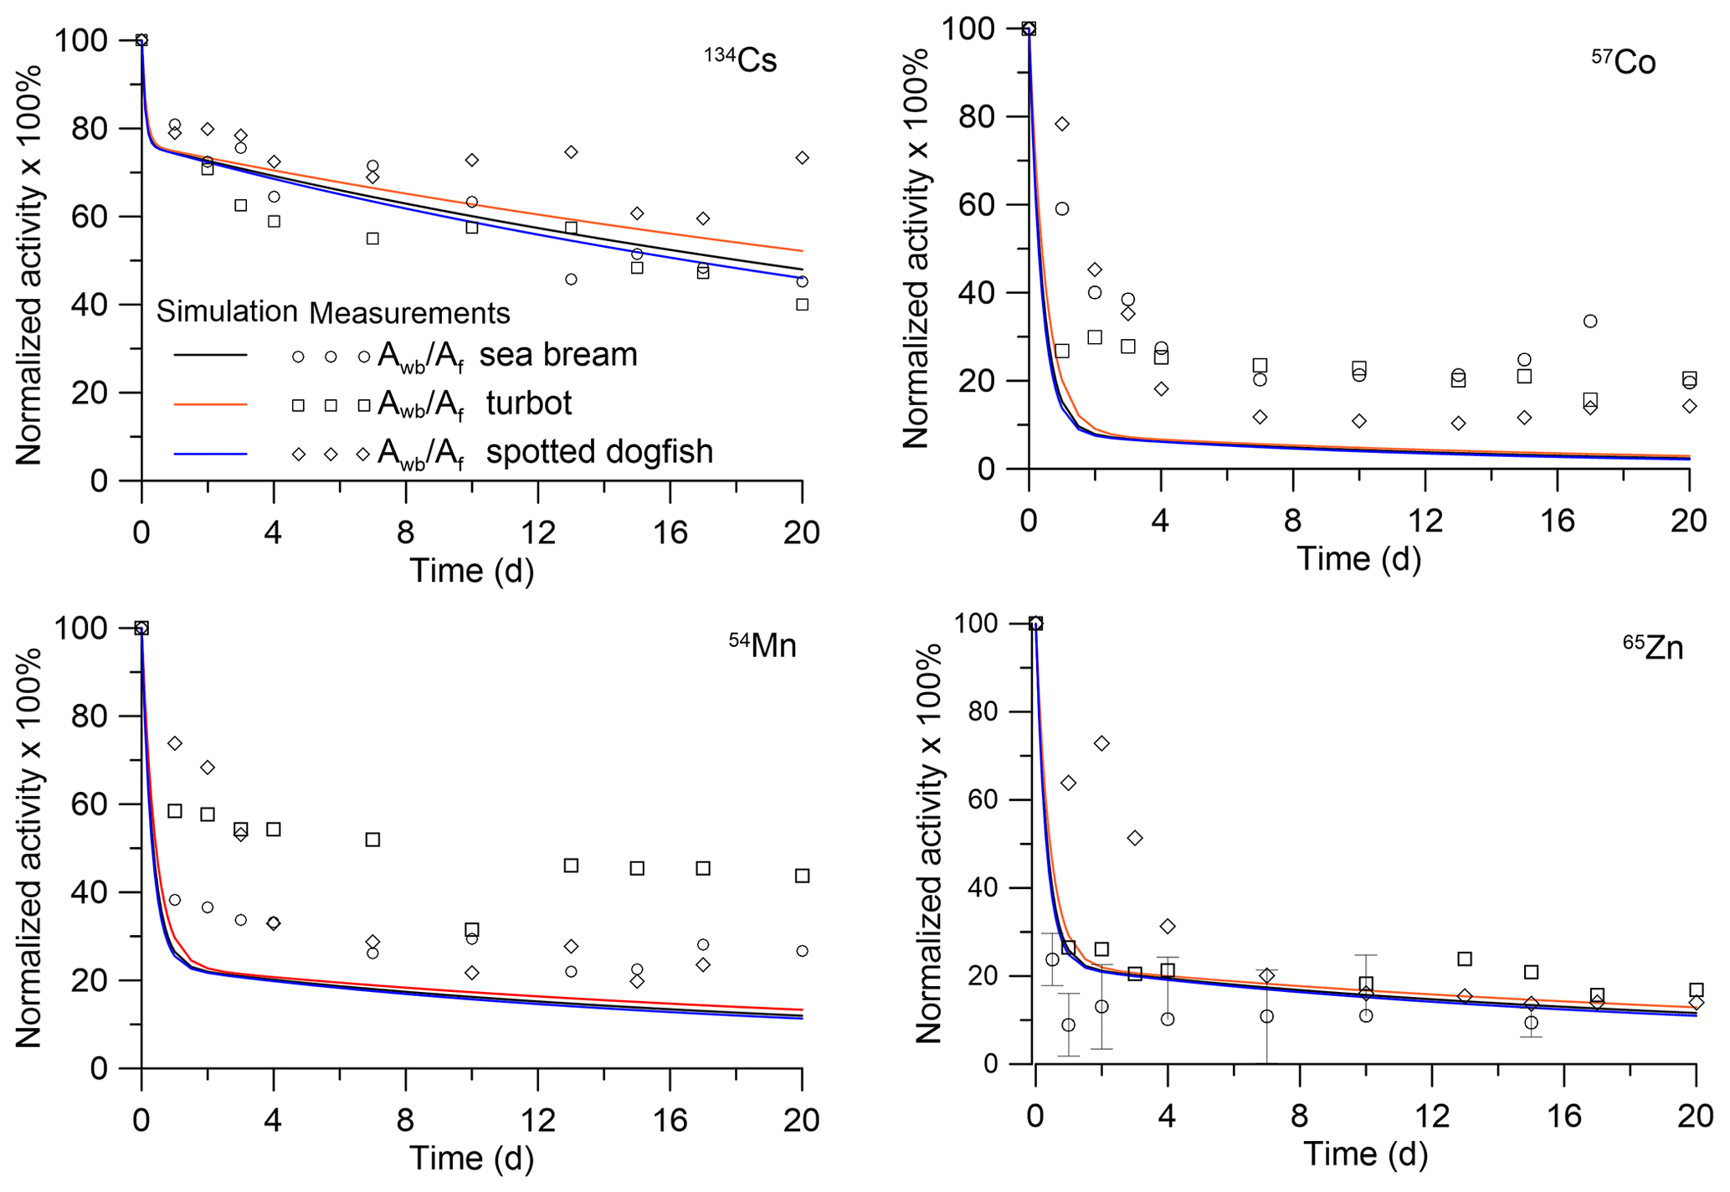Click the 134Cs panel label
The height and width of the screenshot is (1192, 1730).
tap(742, 60)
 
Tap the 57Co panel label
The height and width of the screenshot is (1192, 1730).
tap(1623, 62)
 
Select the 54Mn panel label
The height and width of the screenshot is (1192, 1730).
tap(762, 645)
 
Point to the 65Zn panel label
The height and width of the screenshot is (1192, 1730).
tap(1653, 647)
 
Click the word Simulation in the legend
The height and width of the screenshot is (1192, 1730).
tap(227, 311)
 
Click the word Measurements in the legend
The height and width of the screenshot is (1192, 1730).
tap(409, 313)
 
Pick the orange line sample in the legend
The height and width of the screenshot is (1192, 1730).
tap(210, 404)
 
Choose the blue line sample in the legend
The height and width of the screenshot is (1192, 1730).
tap(210, 454)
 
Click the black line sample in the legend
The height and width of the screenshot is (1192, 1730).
tap(210, 356)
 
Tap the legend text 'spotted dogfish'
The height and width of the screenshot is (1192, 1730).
tap(599, 452)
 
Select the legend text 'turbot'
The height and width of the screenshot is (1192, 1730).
tap(529, 403)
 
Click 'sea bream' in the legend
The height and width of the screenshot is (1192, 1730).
tap(558, 355)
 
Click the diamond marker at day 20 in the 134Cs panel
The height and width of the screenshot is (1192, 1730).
tap(802, 158)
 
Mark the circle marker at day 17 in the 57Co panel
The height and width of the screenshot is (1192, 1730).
tap(1590, 321)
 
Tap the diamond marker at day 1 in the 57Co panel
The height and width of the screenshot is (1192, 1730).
tap(1062, 124)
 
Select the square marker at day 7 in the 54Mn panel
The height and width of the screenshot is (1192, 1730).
tap(373, 840)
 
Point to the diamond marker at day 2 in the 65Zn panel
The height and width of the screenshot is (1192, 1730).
tap(1101, 743)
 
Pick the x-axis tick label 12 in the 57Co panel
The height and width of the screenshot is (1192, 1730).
tap(1425, 521)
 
